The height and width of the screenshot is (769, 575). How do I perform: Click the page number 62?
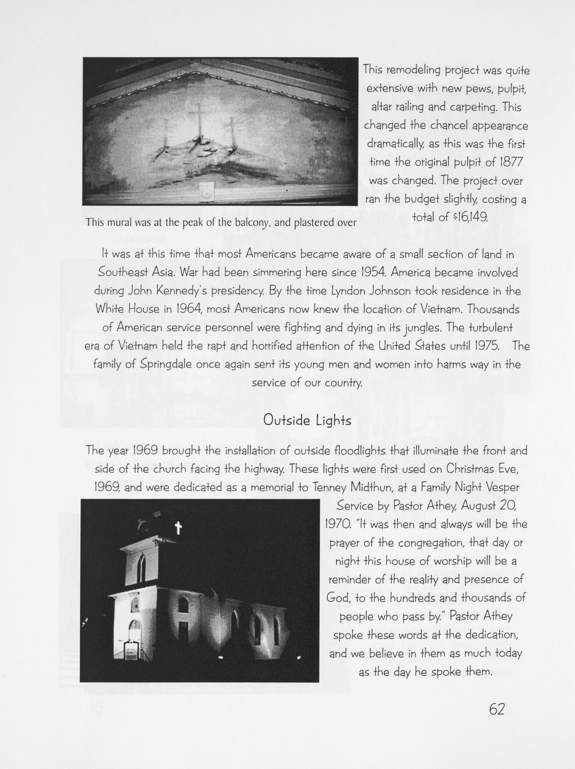(x=496, y=709)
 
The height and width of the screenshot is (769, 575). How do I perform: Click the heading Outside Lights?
(x=307, y=420)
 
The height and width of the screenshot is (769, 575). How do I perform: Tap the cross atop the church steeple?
(x=178, y=528)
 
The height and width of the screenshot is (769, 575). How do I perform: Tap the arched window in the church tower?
(x=142, y=567)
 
